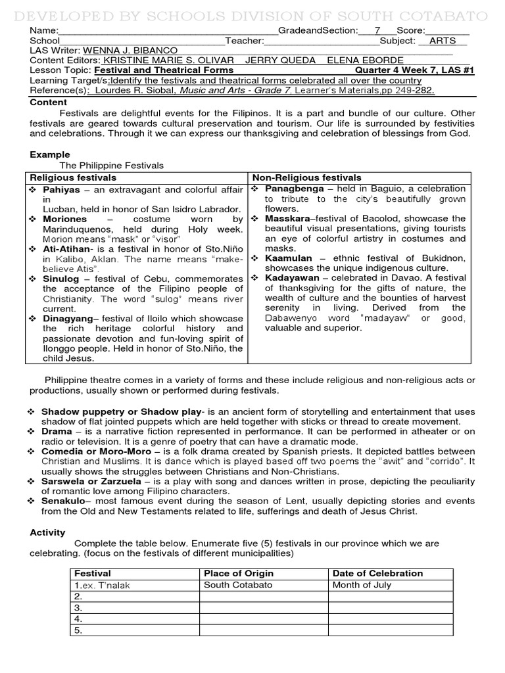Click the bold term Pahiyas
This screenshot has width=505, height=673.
click(x=61, y=189)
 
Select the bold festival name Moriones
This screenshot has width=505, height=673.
click(x=64, y=219)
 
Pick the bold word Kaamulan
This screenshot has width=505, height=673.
click(x=288, y=258)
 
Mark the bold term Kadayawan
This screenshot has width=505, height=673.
click(x=291, y=278)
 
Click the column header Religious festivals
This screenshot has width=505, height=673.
click(x=73, y=177)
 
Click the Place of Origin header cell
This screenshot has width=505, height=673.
click(x=239, y=573)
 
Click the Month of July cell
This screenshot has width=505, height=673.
click(x=362, y=585)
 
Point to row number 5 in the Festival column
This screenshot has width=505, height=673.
click(x=78, y=630)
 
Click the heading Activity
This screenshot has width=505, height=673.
click(x=48, y=532)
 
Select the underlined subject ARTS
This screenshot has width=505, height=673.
click(x=442, y=41)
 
